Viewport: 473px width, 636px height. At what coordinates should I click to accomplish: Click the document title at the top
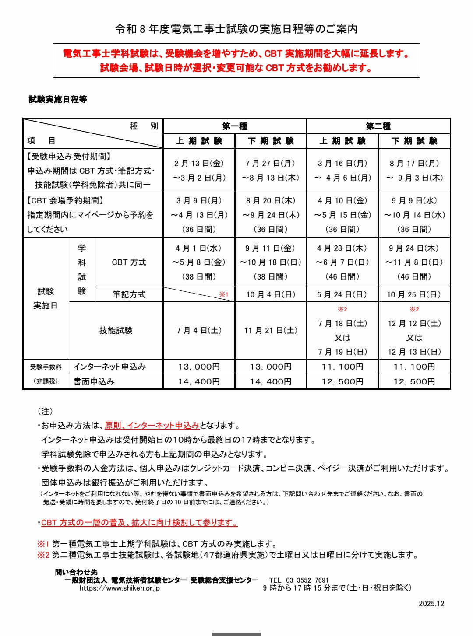(x=236, y=29)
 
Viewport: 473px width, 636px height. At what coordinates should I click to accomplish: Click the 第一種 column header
(x=235, y=126)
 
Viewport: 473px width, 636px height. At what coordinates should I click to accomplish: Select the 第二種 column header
(x=378, y=126)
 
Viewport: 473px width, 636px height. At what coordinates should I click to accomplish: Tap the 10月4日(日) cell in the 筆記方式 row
(x=271, y=294)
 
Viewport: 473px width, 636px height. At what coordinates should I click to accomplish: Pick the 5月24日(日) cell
(x=342, y=294)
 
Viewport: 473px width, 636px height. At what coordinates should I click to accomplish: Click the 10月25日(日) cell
(x=414, y=294)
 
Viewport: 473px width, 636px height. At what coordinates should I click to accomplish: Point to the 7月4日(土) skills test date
(x=199, y=330)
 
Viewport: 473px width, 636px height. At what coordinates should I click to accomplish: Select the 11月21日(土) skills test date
(x=271, y=330)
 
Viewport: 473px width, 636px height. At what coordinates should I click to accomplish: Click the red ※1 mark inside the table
(x=224, y=294)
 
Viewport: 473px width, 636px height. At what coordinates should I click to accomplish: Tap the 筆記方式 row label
(x=129, y=294)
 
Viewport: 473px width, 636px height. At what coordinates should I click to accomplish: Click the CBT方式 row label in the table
(x=129, y=262)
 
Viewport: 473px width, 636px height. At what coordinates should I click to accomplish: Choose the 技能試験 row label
(x=116, y=330)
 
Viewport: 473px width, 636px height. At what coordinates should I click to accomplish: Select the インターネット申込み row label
(x=109, y=367)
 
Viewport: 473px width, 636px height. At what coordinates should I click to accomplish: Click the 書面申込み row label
(x=94, y=381)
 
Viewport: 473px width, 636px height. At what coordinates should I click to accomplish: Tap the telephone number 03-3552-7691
(x=307, y=580)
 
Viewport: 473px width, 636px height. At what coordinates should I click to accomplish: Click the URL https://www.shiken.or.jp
(x=120, y=588)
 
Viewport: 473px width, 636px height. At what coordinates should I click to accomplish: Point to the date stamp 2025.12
(x=431, y=604)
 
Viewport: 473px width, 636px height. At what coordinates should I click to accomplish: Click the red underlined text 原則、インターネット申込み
(x=152, y=425)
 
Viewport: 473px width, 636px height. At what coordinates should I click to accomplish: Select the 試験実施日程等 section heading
(x=58, y=99)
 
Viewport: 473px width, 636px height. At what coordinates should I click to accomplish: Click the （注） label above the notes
(x=45, y=411)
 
